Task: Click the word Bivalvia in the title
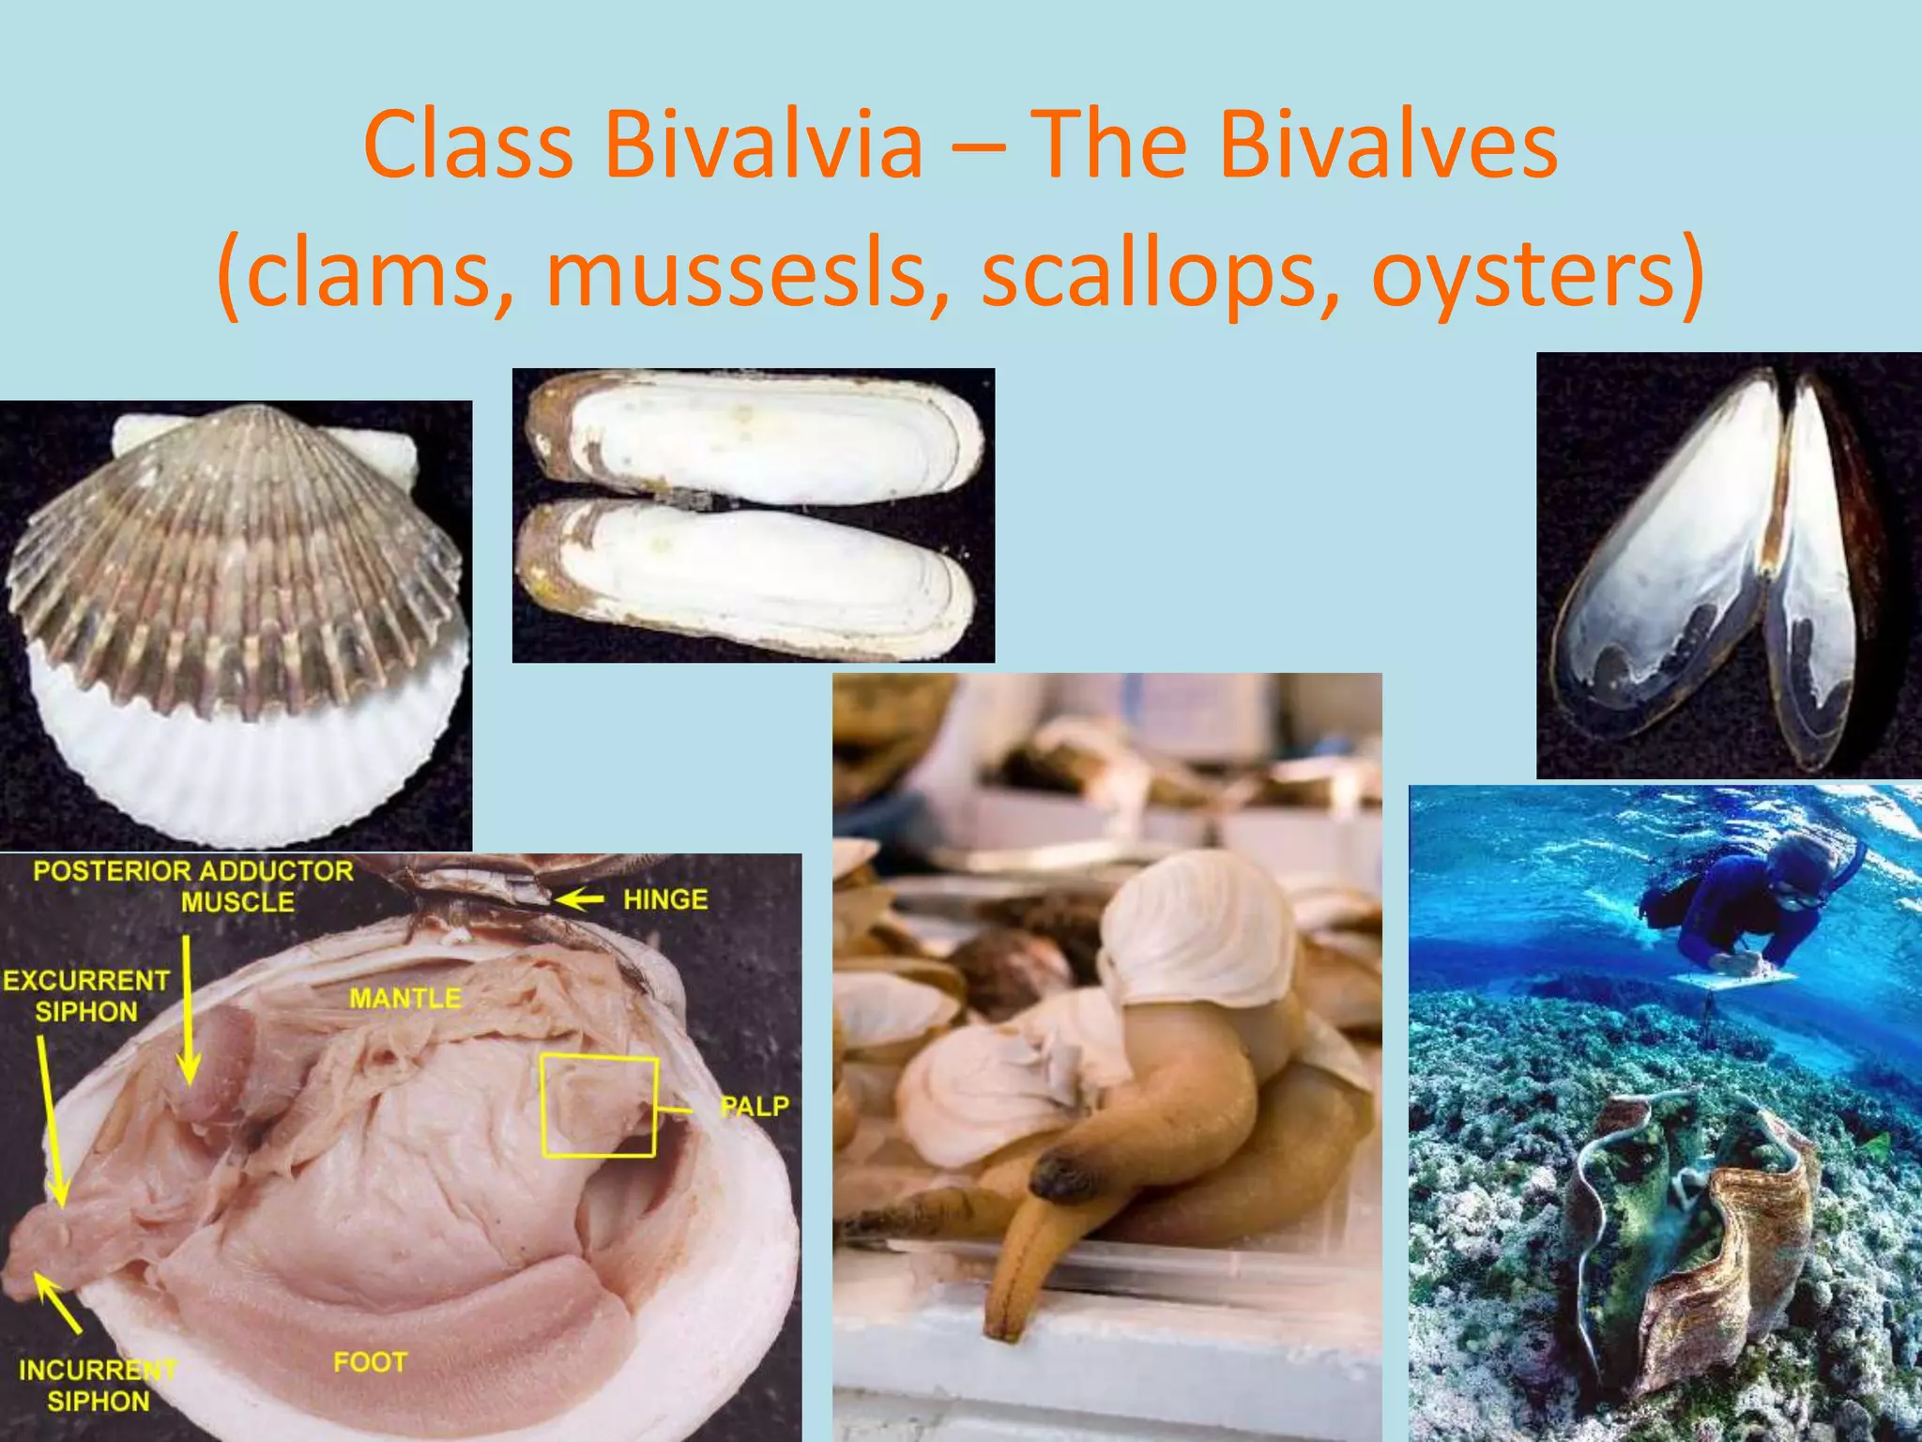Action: click(x=762, y=146)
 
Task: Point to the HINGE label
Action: click(x=665, y=899)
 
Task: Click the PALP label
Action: click(x=754, y=1107)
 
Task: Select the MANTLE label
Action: click(x=405, y=998)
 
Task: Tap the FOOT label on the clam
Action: click(x=371, y=1362)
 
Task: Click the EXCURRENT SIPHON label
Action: click(x=86, y=996)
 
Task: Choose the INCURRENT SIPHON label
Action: click(x=98, y=1386)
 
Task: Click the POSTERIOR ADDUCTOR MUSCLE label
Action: click(x=193, y=886)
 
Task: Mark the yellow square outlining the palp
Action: click(x=599, y=1106)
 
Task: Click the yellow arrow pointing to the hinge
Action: click(x=579, y=900)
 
